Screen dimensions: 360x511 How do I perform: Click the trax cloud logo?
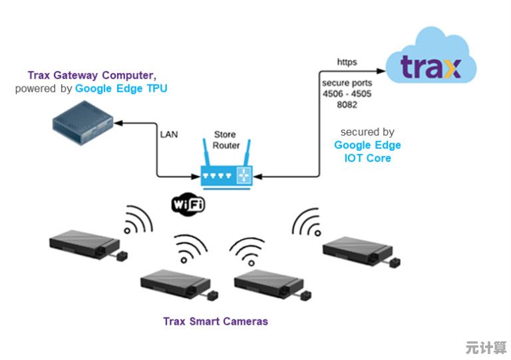click(x=430, y=67)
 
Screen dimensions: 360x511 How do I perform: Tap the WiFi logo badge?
click(x=188, y=204)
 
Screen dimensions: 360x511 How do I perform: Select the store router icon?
click(x=226, y=175)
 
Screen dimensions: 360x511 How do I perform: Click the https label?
click(x=347, y=62)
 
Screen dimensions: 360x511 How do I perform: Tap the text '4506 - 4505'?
click(x=347, y=94)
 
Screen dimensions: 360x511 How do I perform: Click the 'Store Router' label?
click(x=226, y=140)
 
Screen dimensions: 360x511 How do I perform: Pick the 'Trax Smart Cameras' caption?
click(x=216, y=321)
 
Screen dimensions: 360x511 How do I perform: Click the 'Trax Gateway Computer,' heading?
click(x=92, y=76)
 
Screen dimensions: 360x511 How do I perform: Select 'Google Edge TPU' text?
click(x=121, y=88)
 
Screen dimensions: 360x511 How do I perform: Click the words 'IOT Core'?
click(x=368, y=158)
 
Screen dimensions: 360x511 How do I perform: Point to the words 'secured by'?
click(x=367, y=132)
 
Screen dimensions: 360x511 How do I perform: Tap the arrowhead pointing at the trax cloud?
click(x=381, y=69)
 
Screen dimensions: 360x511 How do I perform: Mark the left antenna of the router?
click(x=205, y=154)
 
